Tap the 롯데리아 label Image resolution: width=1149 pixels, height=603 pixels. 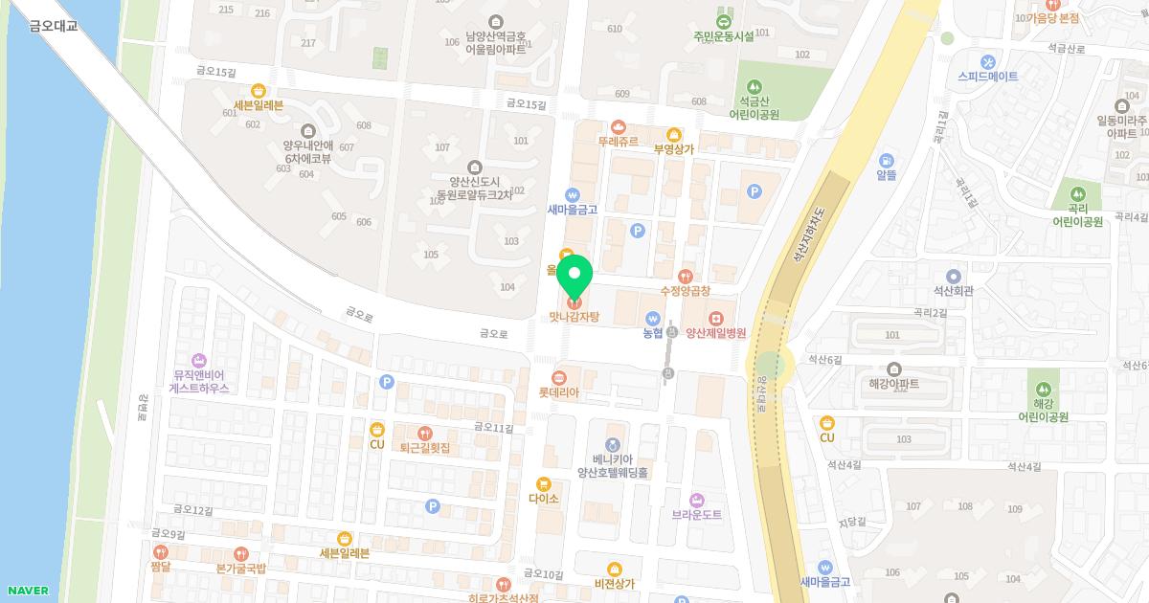point(559,392)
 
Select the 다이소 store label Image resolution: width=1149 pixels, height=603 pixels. point(543,499)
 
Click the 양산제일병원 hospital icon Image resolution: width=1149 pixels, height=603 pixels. point(715,318)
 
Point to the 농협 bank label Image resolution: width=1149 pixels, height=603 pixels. point(653,333)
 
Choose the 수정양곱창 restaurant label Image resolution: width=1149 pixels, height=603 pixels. point(685,290)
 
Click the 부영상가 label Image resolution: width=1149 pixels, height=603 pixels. point(673,148)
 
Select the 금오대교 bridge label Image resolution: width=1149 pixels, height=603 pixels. point(54,26)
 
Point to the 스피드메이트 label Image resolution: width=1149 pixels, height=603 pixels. point(987,76)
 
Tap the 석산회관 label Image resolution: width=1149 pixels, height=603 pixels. point(953,290)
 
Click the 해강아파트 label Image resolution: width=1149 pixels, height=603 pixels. point(893,383)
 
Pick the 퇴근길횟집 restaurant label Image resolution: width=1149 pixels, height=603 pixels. point(424,447)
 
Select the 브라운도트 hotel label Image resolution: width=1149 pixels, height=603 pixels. point(696,514)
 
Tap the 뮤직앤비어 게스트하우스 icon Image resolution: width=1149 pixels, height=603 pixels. point(199,361)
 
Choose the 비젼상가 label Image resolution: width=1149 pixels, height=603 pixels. point(614,583)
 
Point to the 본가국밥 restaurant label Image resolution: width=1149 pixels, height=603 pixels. point(240,568)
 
